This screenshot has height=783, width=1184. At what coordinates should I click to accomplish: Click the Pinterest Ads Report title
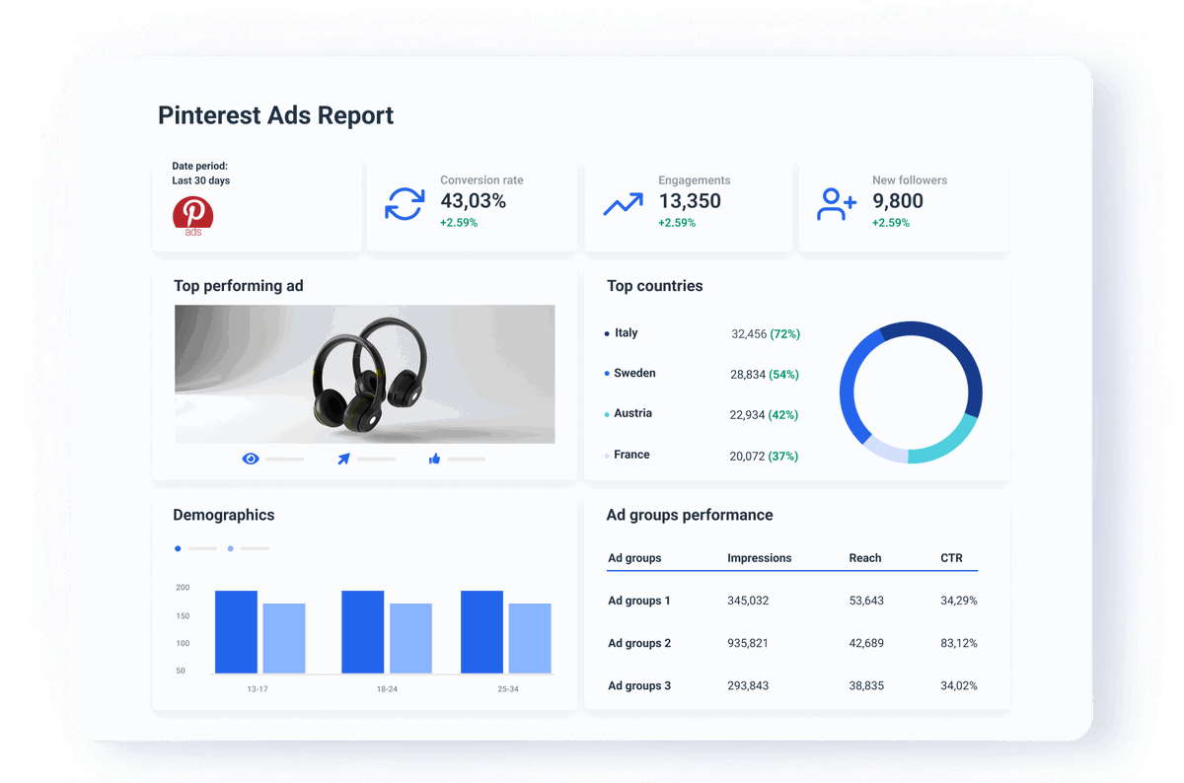pyautogui.click(x=275, y=115)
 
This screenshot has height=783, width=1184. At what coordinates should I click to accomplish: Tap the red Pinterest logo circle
pyautogui.click(x=192, y=212)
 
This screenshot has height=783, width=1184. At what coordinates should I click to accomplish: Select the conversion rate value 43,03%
pyautogui.click(x=473, y=201)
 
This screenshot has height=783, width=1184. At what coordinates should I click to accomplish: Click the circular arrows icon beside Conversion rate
pyautogui.click(x=404, y=204)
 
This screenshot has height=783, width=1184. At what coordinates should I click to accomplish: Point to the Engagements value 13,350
pyautogui.click(x=690, y=201)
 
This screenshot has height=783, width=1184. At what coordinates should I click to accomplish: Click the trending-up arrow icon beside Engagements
pyautogui.click(x=623, y=204)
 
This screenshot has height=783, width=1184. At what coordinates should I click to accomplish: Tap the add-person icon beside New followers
pyautogui.click(x=837, y=204)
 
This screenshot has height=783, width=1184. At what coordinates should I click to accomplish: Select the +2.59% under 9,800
pyautogui.click(x=891, y=223)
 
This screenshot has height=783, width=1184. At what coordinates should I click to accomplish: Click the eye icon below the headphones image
pyautogui.click(x=251, y=459)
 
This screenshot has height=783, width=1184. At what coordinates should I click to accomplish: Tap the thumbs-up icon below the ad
pyautogui.click(x=434, y=459)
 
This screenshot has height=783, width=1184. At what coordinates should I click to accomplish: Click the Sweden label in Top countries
pyautogui.click(x=634, y=374)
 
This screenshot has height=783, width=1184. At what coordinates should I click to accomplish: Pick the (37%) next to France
pyautogui.click(x=783, y=457)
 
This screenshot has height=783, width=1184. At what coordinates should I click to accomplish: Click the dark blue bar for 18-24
pyautogui.click(x=362, y=632)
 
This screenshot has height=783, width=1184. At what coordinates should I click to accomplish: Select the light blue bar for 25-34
pyautogui.click(x=530, y=638)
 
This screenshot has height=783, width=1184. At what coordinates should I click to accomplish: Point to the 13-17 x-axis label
pyautogui.click(x=258, y=689)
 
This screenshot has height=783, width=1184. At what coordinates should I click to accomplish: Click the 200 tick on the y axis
pyautogui.click(x=183, y=588)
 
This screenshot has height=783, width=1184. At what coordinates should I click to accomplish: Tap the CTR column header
pyautogui.click(x=951, y=558)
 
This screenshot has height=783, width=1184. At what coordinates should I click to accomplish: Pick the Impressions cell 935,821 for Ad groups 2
pyautogui.click(x=748, y=643)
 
